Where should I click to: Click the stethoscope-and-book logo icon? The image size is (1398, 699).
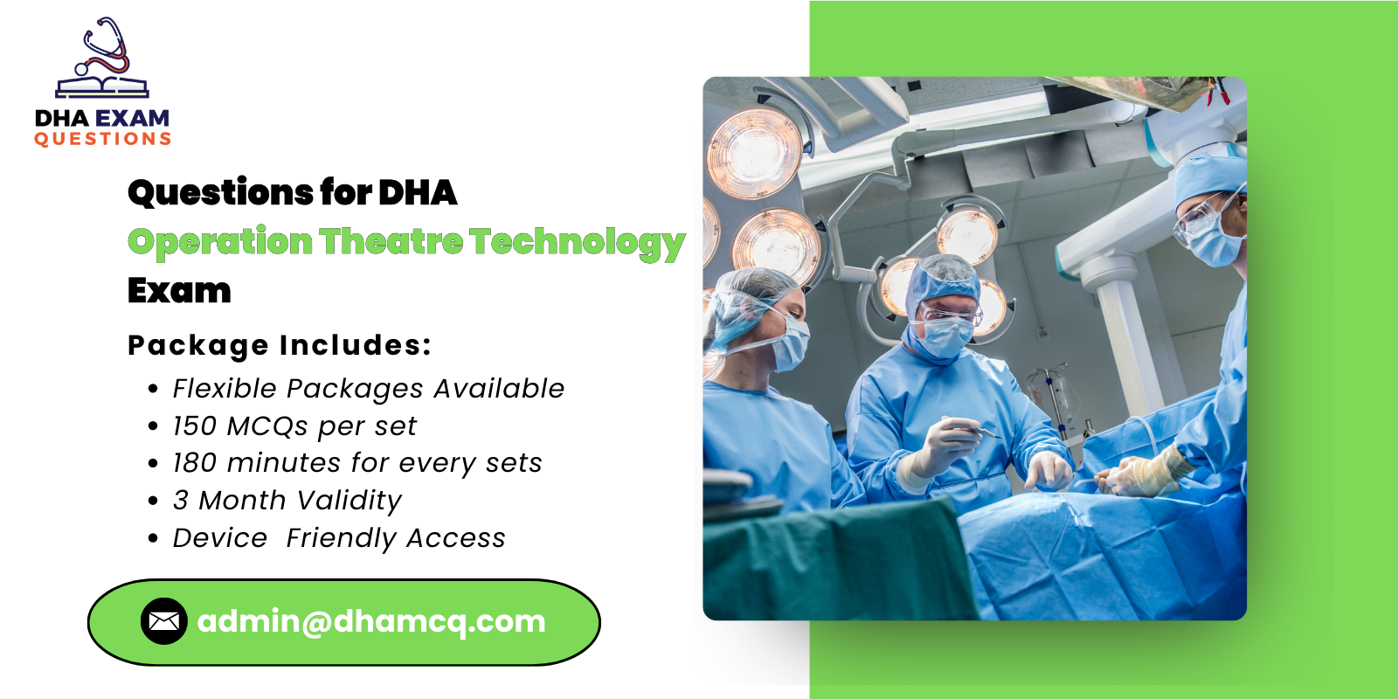click(x=103, y=59)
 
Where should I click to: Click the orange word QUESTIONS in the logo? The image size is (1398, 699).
click(x=102, y=139)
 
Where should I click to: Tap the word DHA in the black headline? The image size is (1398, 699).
click(x=417, y=193)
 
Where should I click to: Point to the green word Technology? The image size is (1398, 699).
click(x=577, y=244)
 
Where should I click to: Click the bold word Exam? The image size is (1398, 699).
click(x=179, y=290)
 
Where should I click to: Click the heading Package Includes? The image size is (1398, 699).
click(x=280, y=345)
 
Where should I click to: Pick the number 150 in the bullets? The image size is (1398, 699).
click(x=194, y=426)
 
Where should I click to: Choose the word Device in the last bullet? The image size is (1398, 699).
click(x=219, y=538)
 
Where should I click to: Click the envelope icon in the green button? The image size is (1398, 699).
click(x=163, y=621)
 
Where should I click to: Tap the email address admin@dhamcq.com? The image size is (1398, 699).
click(x=371, y=621)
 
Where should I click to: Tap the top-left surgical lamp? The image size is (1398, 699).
click(x=753, y=150)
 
